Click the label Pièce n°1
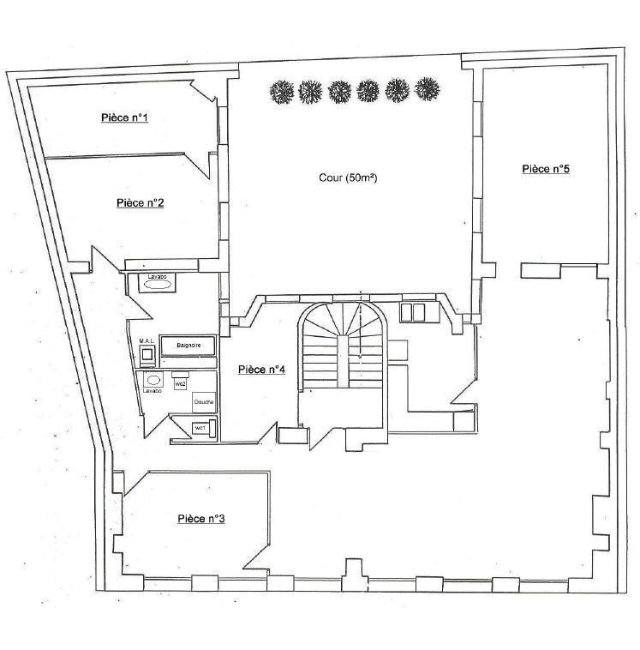click(x=125, y=117)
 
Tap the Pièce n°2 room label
click(x=141, y=203)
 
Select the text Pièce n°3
click(x=201, y=518)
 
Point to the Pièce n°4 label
click(x=261, y=370)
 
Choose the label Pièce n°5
click(x=546, y=169)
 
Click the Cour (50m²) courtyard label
click(x=348, y=178)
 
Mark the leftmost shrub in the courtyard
click(x=281, y=91)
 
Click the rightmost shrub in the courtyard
click(x=426, y=89)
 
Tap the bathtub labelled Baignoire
click(x=188, y=346)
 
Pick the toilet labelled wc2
click(x=180, y=380)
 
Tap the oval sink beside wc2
click(x=154, y=380)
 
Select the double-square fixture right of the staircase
click(x=413, y=312)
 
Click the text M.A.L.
click(x=147, y=340)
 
